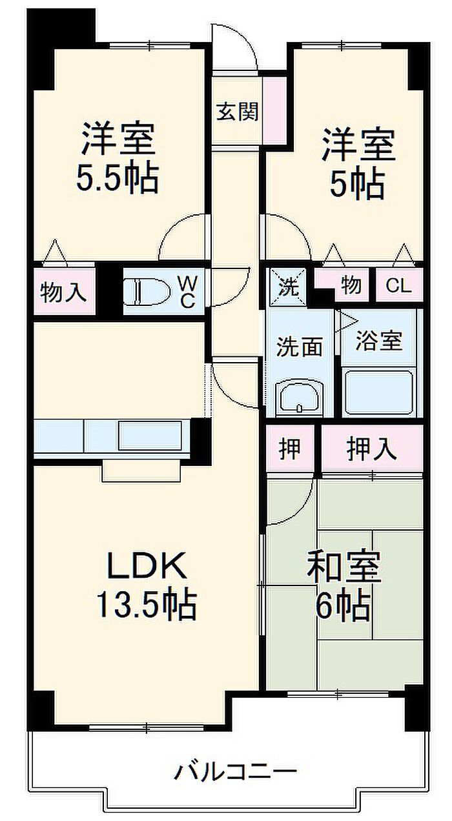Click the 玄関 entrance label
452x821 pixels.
(237, 112)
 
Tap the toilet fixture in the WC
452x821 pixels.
(145, 290)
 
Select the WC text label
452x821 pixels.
(187, 291)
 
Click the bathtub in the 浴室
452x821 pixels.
(378, 393)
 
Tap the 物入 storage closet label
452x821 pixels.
(63, 292)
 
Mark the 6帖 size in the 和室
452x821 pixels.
(344, 605)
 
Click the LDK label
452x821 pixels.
(147, 566)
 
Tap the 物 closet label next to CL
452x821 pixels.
(351, 285)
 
